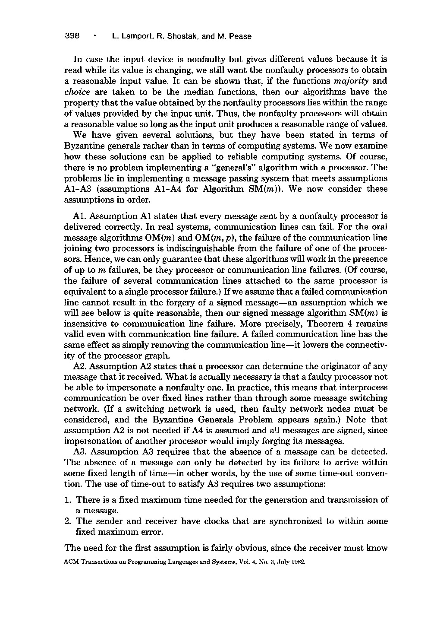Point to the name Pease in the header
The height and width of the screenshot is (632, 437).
[241, 36]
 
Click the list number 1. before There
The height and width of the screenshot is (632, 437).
[67, 500]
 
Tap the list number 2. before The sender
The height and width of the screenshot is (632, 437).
[67, 521]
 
